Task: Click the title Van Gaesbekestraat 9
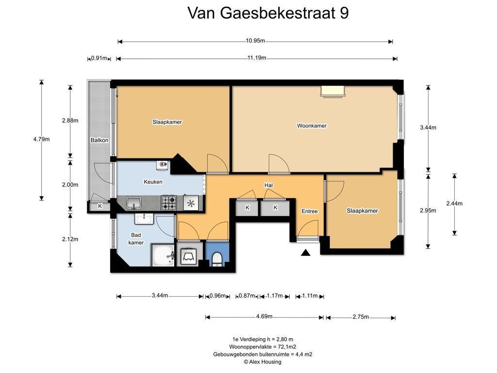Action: (x=268, y=13)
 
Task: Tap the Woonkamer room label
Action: (x=312, y=126)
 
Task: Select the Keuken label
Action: (x=153, y=182)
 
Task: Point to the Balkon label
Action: (x=99, y=140)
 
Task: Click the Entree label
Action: (x=310, y=211)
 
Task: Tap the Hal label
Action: (x=268, y=185)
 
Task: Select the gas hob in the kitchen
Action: (x=168, y=203)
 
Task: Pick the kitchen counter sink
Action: (x=134, y=203)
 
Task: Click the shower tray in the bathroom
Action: (x=163, y=255)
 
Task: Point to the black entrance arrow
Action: (x=305, y=253)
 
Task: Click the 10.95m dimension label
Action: (x=255, y=41)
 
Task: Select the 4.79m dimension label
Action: (x=42, y=139)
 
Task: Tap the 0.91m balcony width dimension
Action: (x=99, y=58)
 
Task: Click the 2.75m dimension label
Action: (x=361, y=317)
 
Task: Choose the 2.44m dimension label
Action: (x=454, y=203)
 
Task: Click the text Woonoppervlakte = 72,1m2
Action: (x=263, y=347)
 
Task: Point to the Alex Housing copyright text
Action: (x=263, y=362)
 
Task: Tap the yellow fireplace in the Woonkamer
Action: (x=332, y=91)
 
